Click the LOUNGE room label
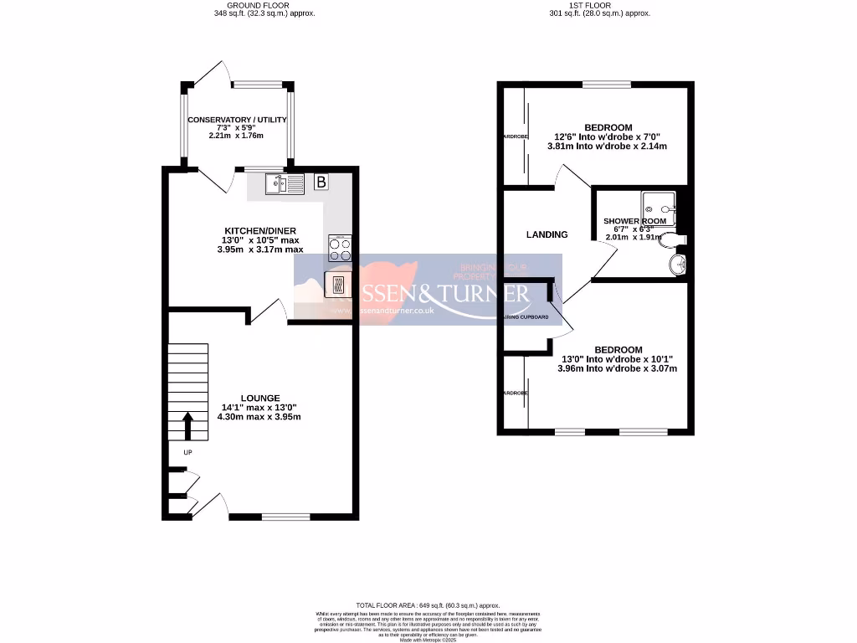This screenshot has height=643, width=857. click(x=259, y=398)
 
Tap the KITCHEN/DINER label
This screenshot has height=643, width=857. click(x=259, y=230)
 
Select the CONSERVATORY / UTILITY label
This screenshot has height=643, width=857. click(x=237, y=120)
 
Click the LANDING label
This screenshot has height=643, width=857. click(x=547, y=234)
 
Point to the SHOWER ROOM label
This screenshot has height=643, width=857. click(x=635, y=221)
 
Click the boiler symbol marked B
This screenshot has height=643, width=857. click(x=320, y=182)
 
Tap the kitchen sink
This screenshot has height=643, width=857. click(x=284, y=183)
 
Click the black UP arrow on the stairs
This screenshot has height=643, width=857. click(x=187, y=424)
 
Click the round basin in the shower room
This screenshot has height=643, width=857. click(x=677, y=265)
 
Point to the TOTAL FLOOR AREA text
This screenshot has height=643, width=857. click(x=428, y=604)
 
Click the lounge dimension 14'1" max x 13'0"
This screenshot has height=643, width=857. click(x=259, y=407)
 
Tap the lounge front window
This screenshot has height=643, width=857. click(x=285, y=517)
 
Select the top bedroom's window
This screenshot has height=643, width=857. click(x=607, y=83)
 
